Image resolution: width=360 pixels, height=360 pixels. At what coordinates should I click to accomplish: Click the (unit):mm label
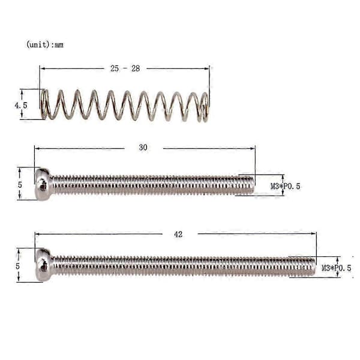(45, 44)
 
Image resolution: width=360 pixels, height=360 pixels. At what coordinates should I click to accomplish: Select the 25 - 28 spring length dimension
(125, 68)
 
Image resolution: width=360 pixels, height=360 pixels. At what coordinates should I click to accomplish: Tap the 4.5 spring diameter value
(21, 106)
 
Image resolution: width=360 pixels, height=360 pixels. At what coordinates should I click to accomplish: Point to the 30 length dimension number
(143, 148)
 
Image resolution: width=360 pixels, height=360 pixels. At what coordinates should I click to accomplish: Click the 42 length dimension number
(178, 235)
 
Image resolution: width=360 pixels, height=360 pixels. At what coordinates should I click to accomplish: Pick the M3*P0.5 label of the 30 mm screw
(286, 186)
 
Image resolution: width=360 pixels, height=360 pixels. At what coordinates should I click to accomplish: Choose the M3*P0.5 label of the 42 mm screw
(337, 268)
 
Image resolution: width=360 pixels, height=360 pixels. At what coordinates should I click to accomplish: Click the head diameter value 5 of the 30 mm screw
(20, 185)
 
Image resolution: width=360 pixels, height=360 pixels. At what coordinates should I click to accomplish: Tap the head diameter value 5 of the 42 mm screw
(17, 266)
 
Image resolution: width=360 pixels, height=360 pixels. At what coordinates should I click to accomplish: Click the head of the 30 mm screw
(43, 184)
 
